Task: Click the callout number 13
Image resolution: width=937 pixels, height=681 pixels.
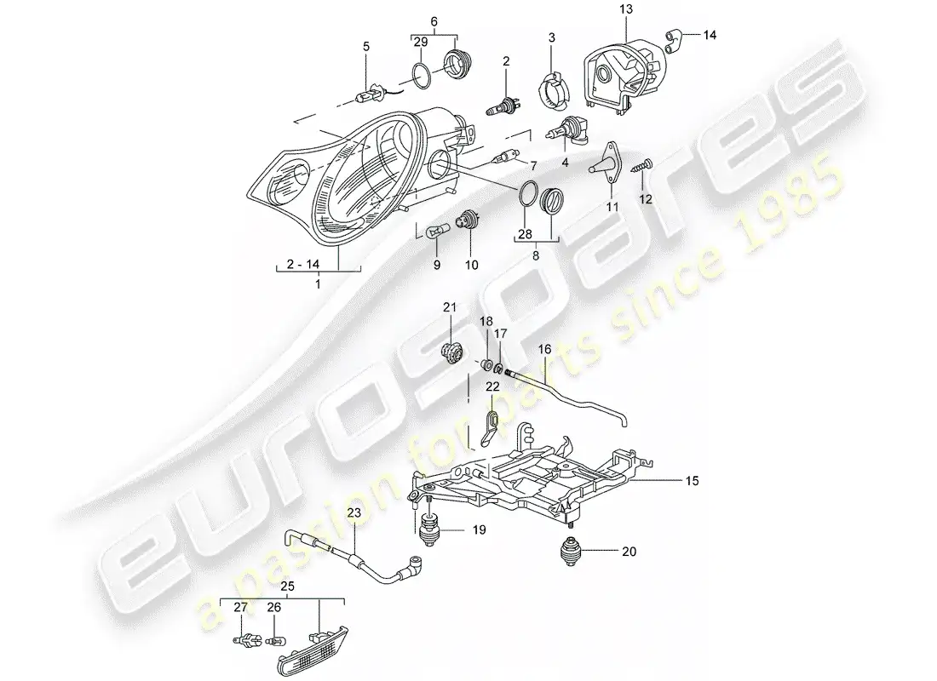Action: click(626, 9)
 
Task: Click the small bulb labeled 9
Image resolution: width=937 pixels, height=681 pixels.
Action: click(434, 233)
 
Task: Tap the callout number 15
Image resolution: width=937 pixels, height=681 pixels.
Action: click(692, 480)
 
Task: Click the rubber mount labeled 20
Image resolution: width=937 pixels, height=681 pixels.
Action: click(569, 551)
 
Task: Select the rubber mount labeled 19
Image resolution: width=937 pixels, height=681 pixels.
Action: click(429, 528)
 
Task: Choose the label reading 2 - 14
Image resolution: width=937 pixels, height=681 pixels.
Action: click(303, 264)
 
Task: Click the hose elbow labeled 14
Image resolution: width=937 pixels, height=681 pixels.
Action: click(672, 40)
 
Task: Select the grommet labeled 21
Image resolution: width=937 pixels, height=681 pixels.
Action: click(452, 352)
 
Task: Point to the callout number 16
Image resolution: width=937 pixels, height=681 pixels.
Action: click(544, 349)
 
